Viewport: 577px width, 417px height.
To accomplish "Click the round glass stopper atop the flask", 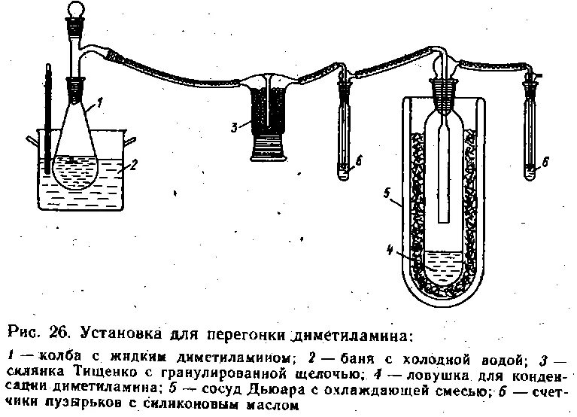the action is coord(76,11).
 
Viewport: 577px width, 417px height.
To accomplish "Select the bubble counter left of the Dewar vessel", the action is coord(345,128).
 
